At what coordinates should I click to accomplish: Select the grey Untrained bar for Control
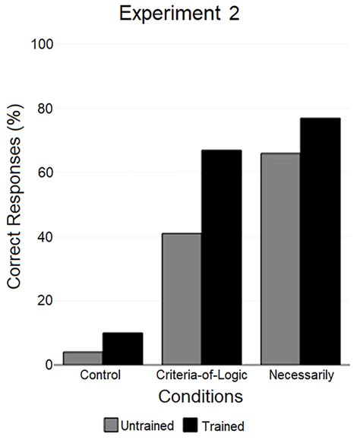(83, 358)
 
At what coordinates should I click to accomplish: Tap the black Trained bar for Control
(122, 349)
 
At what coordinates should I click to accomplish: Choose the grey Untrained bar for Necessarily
(280, 258)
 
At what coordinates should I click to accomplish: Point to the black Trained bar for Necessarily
(320, 241)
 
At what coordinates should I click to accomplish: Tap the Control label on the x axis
(103, 377)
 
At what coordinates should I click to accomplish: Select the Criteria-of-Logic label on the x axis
(201, 377)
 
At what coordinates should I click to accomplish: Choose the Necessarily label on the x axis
(300, 377)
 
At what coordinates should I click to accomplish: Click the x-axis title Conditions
(201, 397)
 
